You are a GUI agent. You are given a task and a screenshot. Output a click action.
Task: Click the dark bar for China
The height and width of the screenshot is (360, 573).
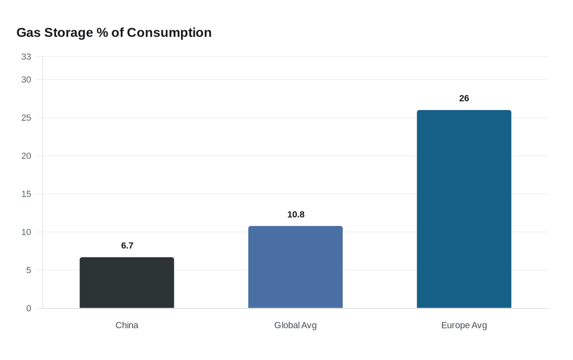(127, 283)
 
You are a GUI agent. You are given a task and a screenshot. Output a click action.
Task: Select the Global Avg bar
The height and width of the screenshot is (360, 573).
(296, 267)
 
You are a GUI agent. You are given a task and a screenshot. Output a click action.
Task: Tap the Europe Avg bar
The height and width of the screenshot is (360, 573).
(464, 209)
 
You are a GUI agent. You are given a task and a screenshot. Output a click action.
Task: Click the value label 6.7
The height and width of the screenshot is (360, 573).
(127, 245)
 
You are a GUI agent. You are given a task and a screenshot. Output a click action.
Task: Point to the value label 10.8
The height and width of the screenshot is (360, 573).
(296, 214)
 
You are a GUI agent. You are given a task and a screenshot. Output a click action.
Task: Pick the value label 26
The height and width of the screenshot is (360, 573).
(464, 98)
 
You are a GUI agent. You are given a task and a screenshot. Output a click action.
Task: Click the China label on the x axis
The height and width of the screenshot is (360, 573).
(127, 325)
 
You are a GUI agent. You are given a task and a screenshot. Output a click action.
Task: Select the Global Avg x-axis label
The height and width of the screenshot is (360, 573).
(296, 325)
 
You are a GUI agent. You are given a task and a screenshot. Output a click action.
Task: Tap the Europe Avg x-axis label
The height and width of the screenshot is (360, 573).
(464, 325)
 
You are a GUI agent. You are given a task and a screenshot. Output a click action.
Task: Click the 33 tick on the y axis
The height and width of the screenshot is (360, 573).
(26, 57)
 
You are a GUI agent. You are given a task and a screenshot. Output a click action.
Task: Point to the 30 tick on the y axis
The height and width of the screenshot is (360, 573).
(26, 80)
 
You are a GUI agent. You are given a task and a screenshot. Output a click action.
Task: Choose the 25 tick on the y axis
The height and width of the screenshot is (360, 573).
(26, 118)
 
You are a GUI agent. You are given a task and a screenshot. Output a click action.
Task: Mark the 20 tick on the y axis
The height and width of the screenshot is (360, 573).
(26, 156)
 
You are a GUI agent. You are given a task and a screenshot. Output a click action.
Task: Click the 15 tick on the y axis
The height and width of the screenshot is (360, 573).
(26, 194)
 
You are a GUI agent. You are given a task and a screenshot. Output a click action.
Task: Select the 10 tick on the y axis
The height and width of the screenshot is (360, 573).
(26, 232)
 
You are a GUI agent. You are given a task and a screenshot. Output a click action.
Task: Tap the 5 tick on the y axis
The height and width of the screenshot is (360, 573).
(29, 270)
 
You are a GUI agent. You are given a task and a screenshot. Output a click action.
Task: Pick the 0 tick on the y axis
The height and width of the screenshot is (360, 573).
(29, 308)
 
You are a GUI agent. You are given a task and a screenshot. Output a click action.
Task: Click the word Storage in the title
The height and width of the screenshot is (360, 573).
(69, 32)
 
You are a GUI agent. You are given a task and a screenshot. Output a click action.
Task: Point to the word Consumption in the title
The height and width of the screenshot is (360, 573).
(169, 32)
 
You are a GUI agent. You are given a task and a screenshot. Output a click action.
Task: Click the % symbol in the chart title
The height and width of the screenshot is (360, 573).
(102, 32)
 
